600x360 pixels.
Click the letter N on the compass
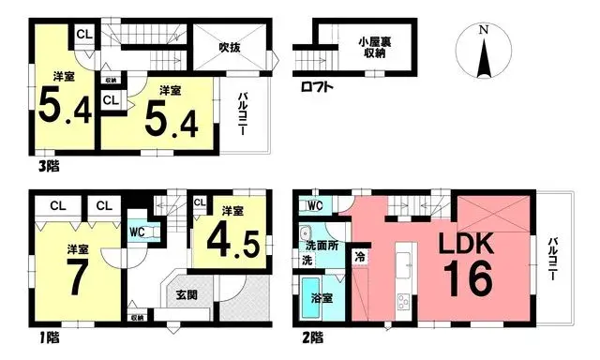click(483, 30)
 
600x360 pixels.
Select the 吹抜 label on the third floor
click(232, 47)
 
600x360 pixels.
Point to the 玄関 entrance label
click(187, 294)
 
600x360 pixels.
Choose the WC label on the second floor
click(314, 205)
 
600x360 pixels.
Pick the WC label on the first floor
click(137, 231)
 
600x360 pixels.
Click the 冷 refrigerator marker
click(360, 254)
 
